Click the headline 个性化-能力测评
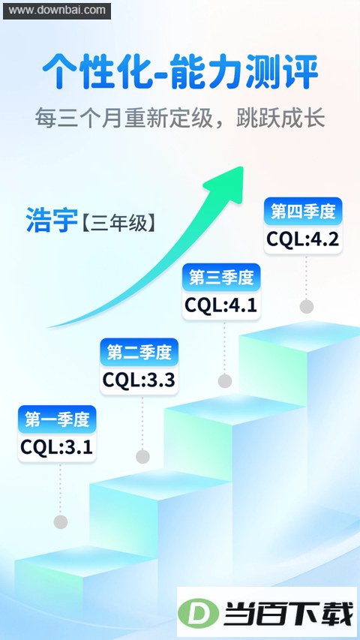[180, 72]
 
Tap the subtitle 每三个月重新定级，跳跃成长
[180, 118]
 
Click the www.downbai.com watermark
[57, 11]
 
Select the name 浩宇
[52, 220]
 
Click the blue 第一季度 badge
[57, 419]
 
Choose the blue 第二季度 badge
[139, 352]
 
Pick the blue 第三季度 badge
[221, 278]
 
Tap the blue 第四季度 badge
[303, 212]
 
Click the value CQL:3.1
[57, 447]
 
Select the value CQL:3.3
[139, 380]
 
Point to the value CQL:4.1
[220, 305]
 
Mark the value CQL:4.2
[303, 239]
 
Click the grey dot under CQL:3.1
[61, 521]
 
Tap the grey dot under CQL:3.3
[142, 456]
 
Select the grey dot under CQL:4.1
[225, 381]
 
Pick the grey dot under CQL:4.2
[307, 306]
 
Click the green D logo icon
[198, 613]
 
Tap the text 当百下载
[288, 614]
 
